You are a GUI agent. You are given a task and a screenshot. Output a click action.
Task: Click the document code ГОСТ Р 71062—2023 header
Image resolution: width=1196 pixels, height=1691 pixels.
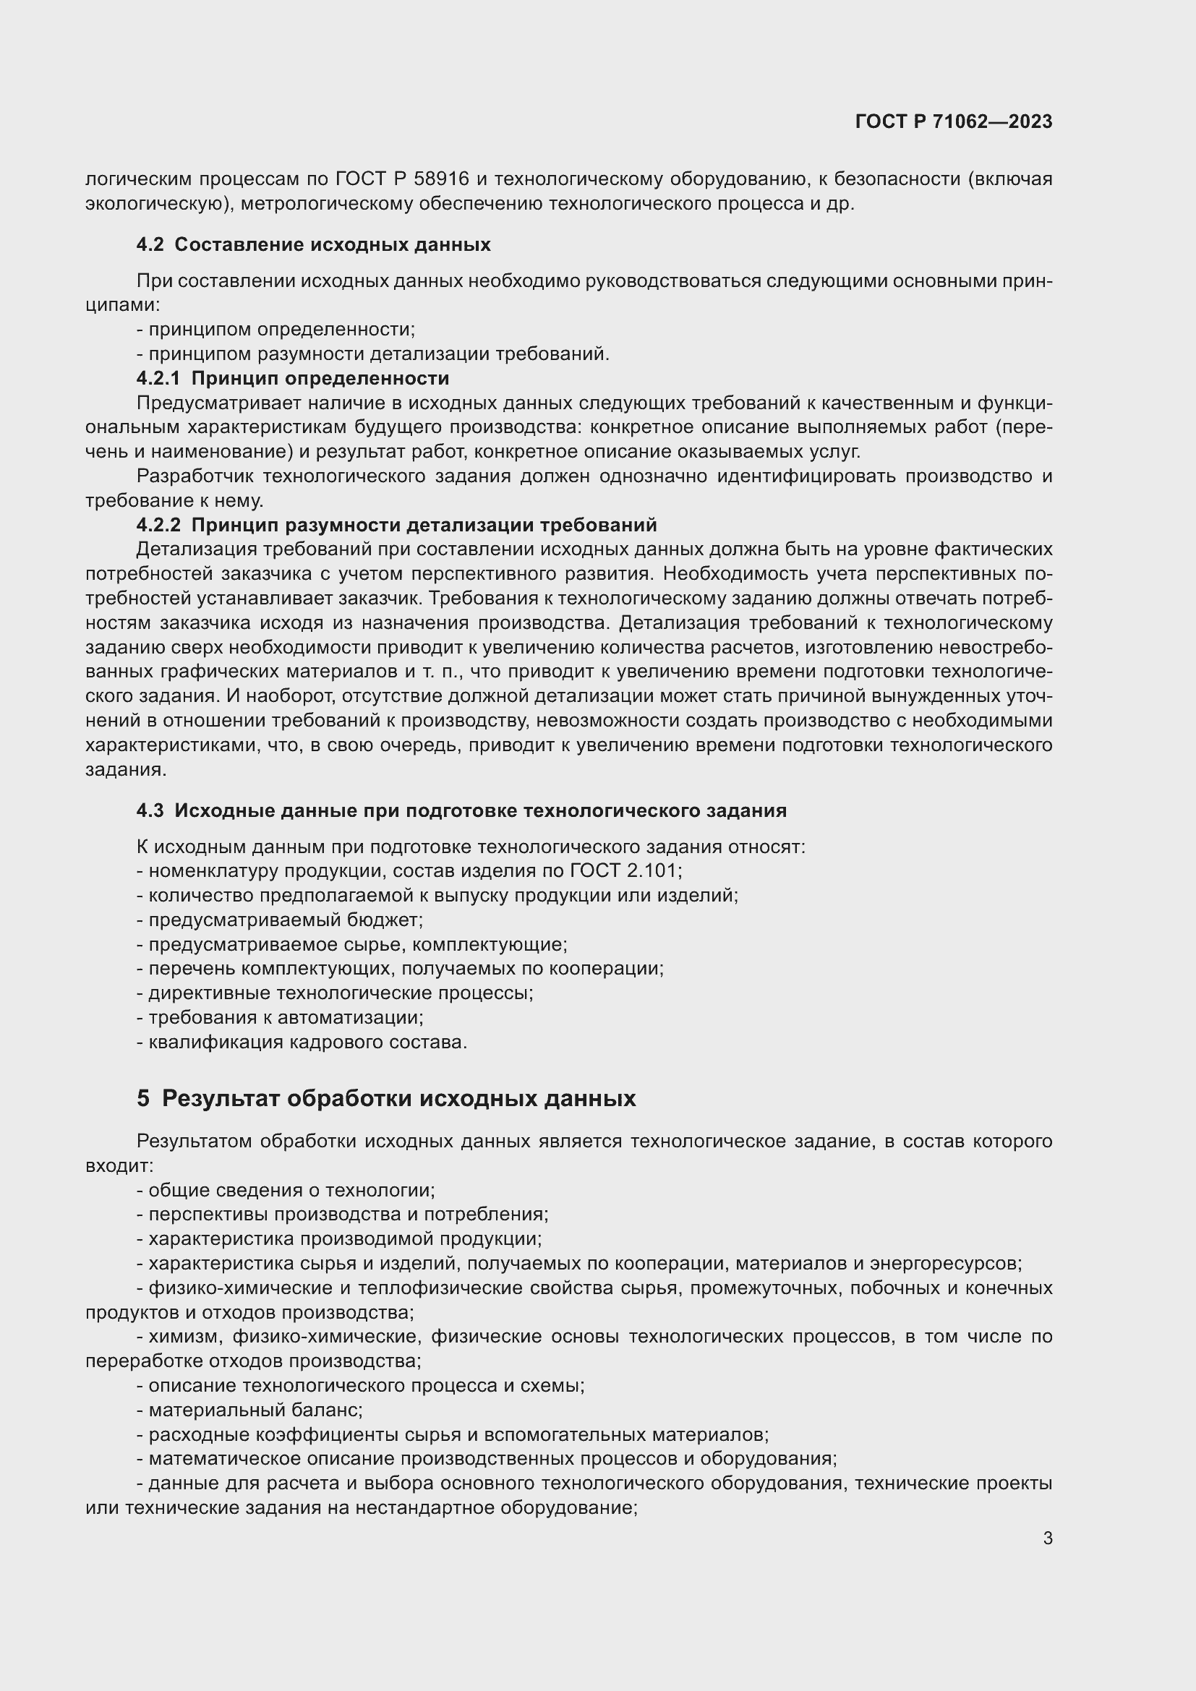954,122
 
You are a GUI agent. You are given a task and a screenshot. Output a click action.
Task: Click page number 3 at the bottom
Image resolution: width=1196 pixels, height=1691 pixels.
1047,1538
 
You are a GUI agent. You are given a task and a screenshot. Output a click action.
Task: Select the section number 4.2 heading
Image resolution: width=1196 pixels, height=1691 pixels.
150,244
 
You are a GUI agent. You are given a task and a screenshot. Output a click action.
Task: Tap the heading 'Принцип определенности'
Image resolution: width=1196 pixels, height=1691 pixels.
320,379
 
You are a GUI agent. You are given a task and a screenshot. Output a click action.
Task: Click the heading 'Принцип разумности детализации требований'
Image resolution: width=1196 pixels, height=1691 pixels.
424,525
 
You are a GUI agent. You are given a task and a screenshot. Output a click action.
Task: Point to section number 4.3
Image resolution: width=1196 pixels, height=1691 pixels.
150,811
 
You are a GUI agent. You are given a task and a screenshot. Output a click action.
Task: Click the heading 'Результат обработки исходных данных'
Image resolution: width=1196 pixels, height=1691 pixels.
398,1098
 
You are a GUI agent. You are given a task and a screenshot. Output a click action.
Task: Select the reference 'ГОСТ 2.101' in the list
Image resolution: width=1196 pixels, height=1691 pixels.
625,871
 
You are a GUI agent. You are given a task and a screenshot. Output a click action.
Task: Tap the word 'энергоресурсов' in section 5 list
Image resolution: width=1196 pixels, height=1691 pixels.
945,1264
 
